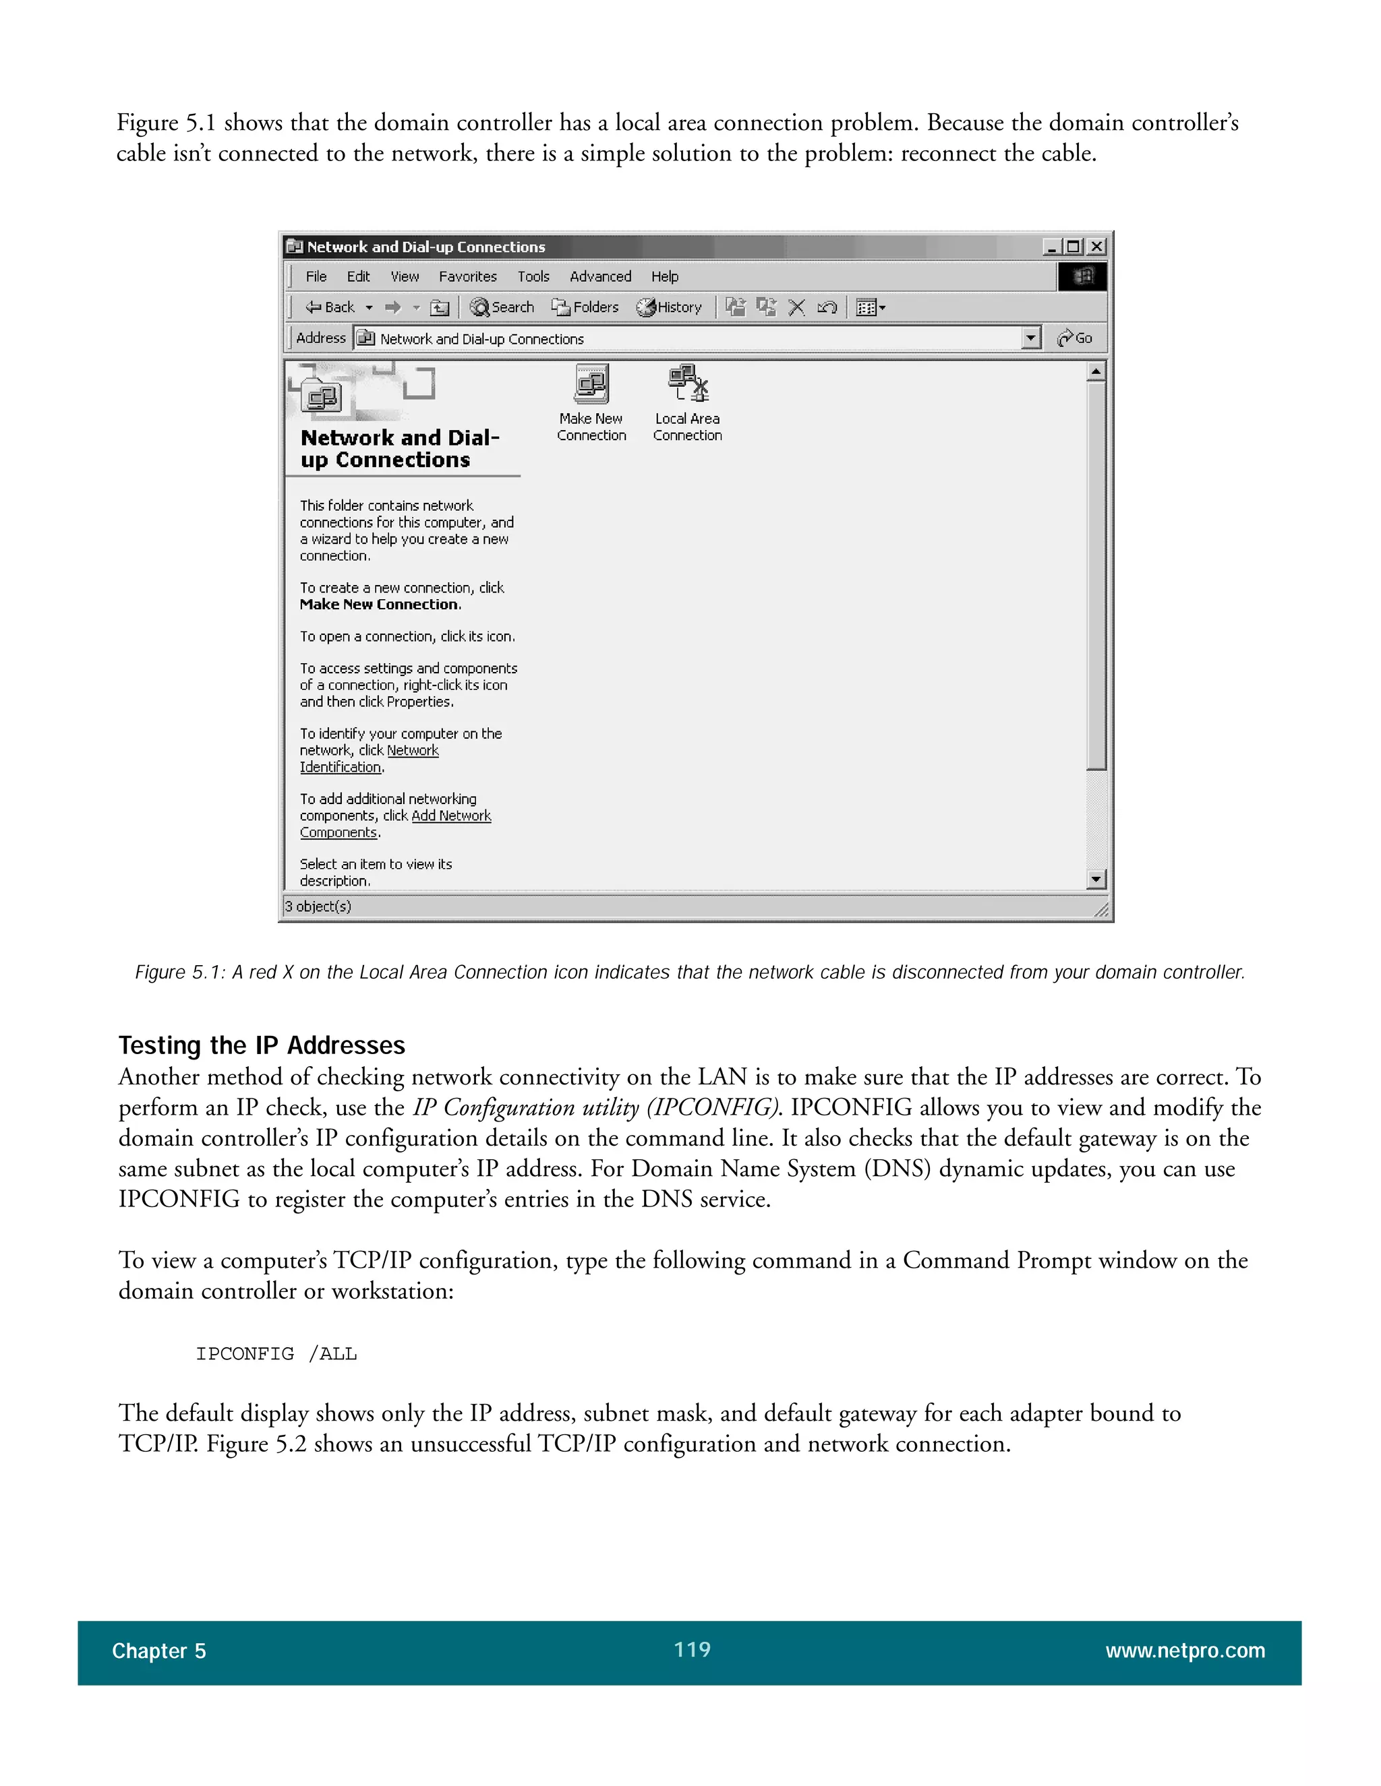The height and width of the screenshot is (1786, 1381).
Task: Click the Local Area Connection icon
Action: click(x=687, y=385)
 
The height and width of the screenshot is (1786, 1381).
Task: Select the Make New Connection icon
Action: click(x=591, y=385)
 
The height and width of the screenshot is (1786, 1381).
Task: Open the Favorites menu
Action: click(x=467, y=276)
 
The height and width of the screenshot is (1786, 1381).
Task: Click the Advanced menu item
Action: click(x=601, y=276)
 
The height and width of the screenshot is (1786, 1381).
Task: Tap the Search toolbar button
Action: click(x=502, y=307)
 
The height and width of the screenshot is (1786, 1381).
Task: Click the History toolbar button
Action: click(x=669, y=307)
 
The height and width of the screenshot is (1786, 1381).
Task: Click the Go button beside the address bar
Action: click(x=1075, y=338)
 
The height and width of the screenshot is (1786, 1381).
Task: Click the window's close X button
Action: click(x=1097, y=246)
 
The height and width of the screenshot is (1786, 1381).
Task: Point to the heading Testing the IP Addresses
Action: click(x=262, y=1045)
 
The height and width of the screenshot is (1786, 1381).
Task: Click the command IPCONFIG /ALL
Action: click(x=276, y=1353)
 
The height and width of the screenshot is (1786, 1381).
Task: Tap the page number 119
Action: click(x=691, y=1649)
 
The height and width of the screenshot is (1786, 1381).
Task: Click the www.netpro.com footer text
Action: click(x=1185, y=1651)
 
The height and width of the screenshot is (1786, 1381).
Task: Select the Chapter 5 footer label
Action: click(x=158, y=1651)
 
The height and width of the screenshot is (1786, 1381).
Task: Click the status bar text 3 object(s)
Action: click(x=318, y=906)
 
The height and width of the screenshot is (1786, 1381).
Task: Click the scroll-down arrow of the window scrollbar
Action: click(x=1096, y=879)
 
